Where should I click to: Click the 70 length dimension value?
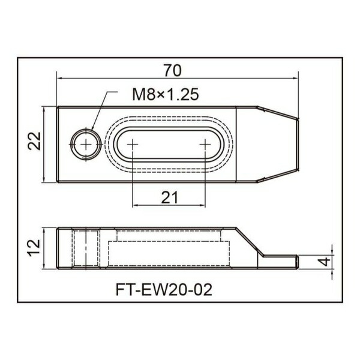click(x=172, y=70)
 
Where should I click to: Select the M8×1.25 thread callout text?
click(x=166, y=95)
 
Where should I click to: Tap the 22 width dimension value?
click(x=34, y=141)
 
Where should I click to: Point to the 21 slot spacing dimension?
click(x=169, y=197)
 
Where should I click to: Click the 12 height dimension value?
click(x=34, y=248)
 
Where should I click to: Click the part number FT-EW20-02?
click(x=164, y=290)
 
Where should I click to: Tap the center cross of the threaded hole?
click(x=86, y=145)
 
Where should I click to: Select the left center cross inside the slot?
click(x=133, y=145)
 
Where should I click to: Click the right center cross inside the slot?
click(x=205, y=145)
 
